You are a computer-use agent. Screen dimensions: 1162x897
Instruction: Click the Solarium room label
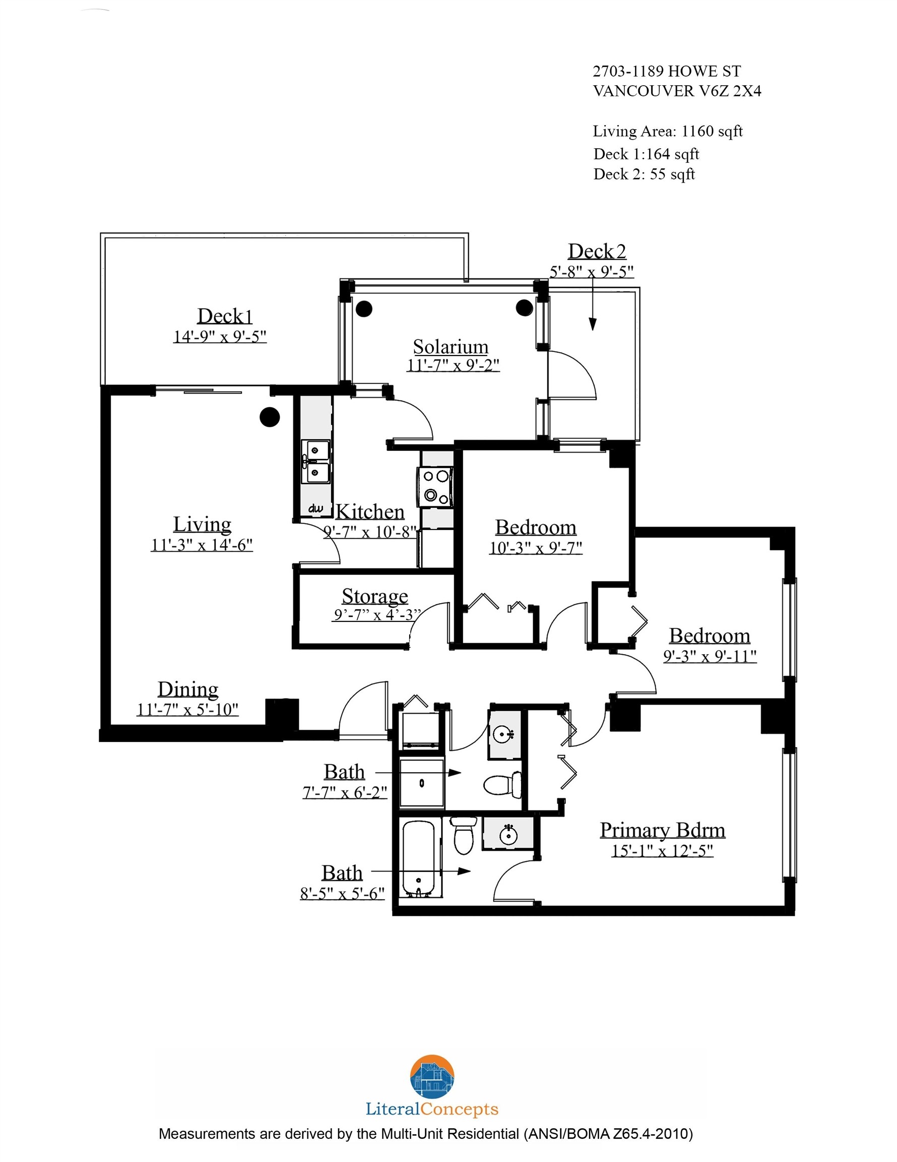(x=451, y=347)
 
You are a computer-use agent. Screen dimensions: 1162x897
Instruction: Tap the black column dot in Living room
(x=270, y=417)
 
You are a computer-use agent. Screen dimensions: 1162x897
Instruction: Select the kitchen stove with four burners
(x=435, y=486)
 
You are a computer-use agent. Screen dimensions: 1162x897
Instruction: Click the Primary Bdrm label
(x=662, y=830)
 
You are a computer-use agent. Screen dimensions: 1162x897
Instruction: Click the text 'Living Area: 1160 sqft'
(x=667, y=131)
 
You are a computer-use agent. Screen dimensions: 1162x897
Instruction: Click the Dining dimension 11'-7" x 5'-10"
(x=187, y=710)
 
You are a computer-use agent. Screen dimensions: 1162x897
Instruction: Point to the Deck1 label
(x=224, y=316)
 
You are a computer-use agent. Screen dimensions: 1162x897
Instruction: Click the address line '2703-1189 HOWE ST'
(x=666, y=71)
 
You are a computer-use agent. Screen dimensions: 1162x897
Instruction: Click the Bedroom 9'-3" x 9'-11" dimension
(x=710, y=656)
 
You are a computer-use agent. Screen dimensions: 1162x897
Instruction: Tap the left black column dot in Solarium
(x=364, y=309)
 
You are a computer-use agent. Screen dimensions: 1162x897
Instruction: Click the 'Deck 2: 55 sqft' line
(x=644, y=175)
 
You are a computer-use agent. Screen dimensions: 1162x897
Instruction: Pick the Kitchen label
(x=370, y=512)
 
